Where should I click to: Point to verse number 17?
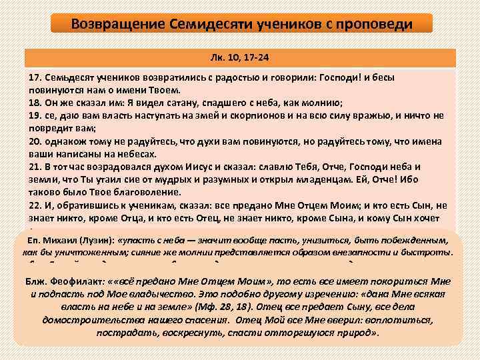coord(35,78)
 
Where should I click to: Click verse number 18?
coord(35,102)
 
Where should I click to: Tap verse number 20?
coord(35,142)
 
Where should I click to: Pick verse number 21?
coord(35,166)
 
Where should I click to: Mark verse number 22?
coord(35,206)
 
